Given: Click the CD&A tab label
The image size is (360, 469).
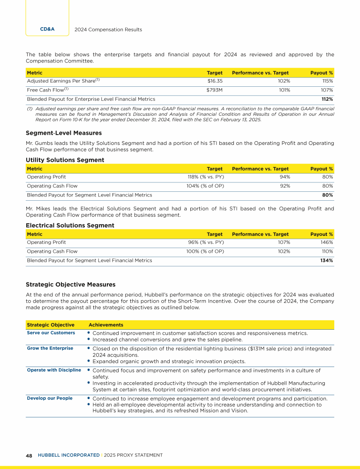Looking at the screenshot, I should pos(47,29).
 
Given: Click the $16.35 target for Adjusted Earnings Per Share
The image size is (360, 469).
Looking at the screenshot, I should pos(215,81).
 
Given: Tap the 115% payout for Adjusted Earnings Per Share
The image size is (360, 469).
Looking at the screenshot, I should pos(326,81).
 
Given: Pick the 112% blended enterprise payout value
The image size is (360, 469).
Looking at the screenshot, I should pos(327,99).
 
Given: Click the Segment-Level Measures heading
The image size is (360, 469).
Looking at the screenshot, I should pos(64,133).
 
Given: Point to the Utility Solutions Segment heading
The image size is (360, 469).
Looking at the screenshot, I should pos(65,160).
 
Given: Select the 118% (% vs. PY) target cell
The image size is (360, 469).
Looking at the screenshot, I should pos(202,177).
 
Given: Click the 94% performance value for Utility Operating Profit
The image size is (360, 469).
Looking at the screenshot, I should pos(285,177).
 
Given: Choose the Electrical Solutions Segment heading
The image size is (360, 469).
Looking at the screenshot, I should pos(70,225).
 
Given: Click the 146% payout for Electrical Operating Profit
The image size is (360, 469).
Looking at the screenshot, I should pos(326,242).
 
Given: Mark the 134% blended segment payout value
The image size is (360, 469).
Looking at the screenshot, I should pos(326,260).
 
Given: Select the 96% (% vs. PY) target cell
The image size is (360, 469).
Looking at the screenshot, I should pos(204,242).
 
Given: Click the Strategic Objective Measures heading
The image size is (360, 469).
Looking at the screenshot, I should pos(70,284).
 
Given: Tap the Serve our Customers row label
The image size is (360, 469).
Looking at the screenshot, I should pos(51,333).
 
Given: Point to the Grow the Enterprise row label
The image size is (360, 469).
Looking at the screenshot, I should pos(50,348).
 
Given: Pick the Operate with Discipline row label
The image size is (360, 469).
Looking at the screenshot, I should pos(53,370).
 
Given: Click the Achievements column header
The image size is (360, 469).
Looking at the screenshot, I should pos(106,325).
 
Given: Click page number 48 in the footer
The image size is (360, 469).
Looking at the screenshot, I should pos(29,455).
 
